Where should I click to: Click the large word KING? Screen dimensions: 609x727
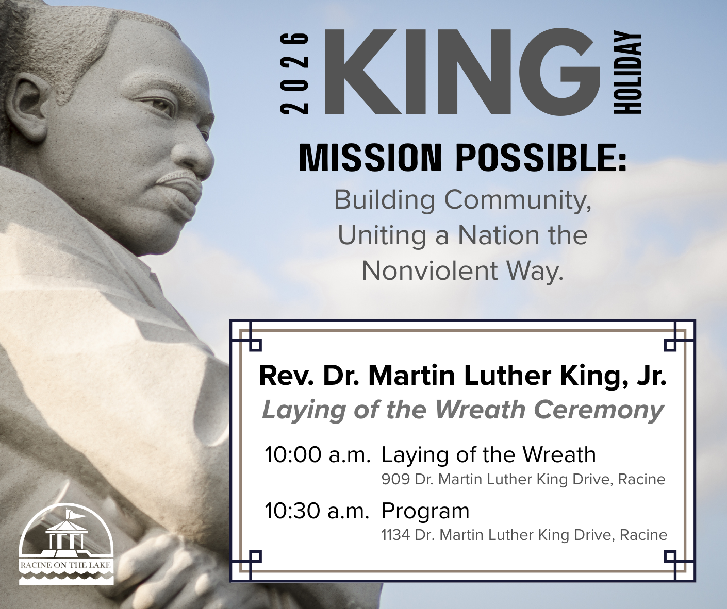[x=462, y=73]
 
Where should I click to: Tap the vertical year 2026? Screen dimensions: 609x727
[x=294, y=73]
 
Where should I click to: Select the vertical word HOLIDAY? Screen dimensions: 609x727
[x=628, y=73]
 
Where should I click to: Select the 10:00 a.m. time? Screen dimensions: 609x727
[x=317, y=455]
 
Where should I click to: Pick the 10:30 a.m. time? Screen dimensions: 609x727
[x=317, y=511]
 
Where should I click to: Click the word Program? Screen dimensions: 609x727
[x=425, y=511]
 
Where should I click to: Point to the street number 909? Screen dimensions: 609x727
[x=395, y=480]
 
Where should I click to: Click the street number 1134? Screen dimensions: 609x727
[x=395, y=535]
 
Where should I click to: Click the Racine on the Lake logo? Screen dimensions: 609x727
[x=66, y=544]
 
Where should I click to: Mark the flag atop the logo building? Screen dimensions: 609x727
[x=74, y=514]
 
